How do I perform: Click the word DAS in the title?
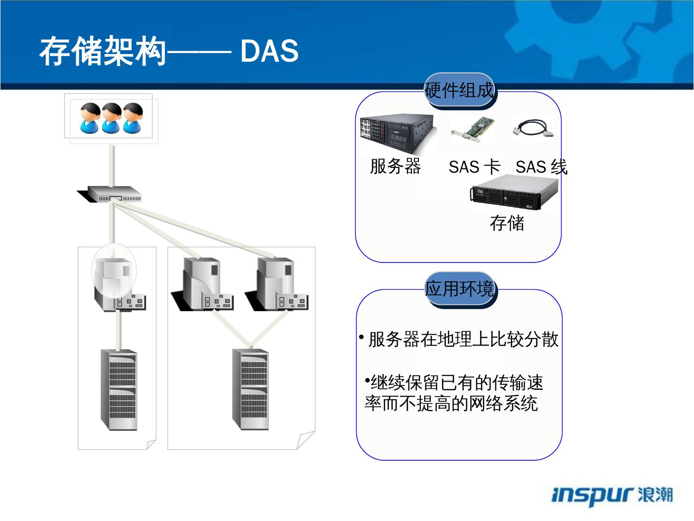point(269,51)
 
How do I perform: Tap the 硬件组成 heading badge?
point(459,90)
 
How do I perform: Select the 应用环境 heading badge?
point(460,289)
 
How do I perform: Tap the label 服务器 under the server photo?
point(395,166)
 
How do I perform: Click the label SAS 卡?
point(474,167)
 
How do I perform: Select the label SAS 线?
point(541,167)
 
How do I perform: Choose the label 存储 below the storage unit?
point(507,223)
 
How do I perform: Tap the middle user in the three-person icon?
point(111,118)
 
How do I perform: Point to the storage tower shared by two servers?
point(250,389)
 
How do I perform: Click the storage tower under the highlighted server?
point(119,390)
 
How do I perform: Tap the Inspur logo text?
point(612,495)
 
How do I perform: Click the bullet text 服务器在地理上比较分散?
point(463,339)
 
